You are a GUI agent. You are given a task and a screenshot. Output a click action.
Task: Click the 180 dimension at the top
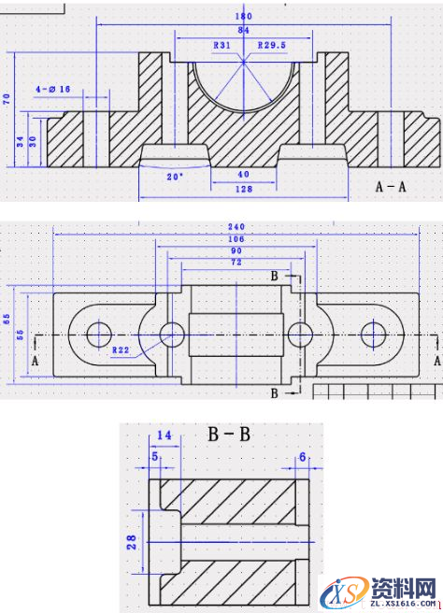(243, 17)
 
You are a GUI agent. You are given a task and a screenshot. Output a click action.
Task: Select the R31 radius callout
(222, 45)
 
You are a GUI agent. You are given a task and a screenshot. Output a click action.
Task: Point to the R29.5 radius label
(271, 45)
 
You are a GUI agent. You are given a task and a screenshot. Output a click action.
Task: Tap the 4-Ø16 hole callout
(54, 89)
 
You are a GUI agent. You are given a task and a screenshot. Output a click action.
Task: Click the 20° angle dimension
(175, 176)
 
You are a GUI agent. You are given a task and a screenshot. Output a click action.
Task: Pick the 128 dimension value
(243, 191)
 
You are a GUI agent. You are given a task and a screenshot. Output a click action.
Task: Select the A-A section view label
(391, 186)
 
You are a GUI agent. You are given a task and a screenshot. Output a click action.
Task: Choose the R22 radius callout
(121, 350)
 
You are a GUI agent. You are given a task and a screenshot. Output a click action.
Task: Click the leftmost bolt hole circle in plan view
(97, 334)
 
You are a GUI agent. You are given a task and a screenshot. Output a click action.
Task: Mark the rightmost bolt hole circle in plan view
(375, 334)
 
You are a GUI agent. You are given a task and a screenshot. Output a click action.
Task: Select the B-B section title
(227, 434)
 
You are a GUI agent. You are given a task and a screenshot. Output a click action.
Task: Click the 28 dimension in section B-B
(132, 541)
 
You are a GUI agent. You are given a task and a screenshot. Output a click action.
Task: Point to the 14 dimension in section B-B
(165, 436)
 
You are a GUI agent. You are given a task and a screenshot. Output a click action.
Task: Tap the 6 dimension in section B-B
(302, 456)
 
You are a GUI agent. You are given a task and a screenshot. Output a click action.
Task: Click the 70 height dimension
(7, 98)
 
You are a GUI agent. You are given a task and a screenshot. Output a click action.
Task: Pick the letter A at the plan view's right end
(436, 359)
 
